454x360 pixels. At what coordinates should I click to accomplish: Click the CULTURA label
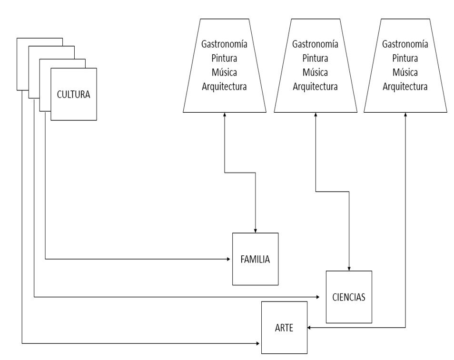click(x=74, y=95)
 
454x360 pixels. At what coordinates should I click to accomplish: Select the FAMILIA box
click(x=256, y=259)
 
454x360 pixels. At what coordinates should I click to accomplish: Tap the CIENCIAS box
click(x=349, y=297)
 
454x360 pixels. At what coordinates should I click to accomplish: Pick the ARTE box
click(x=284, y=328)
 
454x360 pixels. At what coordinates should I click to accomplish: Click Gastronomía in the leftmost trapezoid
click(x=225, y=44)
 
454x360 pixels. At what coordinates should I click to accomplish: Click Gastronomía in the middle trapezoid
click(x=316, y=44)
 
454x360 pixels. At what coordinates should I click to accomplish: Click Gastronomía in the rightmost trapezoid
click(x=405, y=44)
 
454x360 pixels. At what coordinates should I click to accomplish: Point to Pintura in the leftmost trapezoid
click(x=225, y=58)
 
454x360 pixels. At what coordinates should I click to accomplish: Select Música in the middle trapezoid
click(x=316, y=72)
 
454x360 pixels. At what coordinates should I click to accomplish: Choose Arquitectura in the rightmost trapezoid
click(x=405, y=87)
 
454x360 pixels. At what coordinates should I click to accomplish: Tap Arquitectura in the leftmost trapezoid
click(x=225, y=87)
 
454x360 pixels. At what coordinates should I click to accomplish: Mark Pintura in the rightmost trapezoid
click(x=405, y=58)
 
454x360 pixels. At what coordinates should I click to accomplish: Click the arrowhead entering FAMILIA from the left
click(x=228, y=259)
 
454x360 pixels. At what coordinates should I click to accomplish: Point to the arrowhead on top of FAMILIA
click(x=256, y=231)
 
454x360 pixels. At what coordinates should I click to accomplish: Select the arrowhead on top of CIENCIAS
click(x=349, y=269)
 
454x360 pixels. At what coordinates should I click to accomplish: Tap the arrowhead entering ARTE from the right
click(x=309, y=328)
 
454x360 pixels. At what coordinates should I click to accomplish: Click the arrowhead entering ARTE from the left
click(x=257, y=343)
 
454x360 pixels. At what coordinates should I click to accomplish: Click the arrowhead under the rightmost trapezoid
click(x=405, y=114)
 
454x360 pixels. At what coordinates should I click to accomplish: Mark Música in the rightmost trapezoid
click(x=405, y=72)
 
